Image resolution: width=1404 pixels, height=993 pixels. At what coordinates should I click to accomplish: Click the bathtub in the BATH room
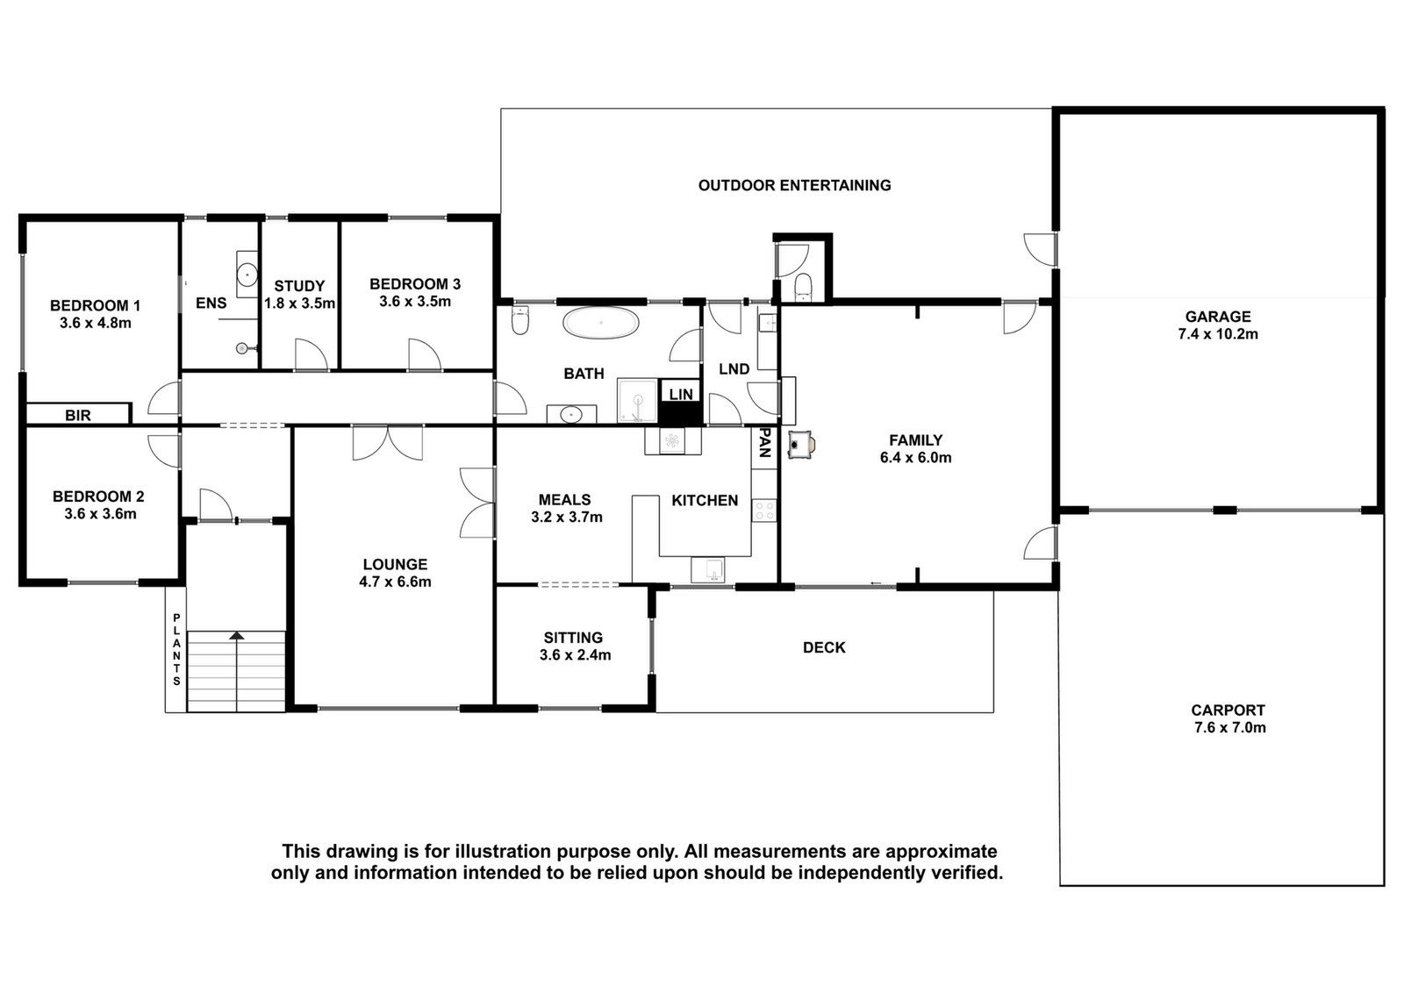[600, 324]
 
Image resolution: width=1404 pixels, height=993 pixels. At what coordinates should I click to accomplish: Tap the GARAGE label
[1217, 317]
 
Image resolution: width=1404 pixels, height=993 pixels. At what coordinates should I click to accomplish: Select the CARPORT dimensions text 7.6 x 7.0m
[1229, 728]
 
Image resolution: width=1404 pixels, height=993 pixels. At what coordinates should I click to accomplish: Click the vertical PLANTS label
[176, 650]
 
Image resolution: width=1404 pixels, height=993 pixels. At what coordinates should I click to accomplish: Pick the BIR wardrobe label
[78, 416]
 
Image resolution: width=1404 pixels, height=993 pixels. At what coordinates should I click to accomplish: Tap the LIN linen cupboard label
[681, 394]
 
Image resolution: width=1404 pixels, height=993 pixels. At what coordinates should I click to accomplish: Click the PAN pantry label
[764, 443]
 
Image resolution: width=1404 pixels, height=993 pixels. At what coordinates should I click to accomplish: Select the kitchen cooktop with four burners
[764, 510]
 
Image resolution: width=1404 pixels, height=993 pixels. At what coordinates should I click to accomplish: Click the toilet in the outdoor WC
[803, 288]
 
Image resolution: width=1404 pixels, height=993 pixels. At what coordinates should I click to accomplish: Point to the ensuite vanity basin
[247, 275]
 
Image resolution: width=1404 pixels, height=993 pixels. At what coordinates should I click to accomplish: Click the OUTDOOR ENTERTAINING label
[794, 185]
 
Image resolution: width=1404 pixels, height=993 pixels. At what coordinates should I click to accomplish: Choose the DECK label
[824, 647]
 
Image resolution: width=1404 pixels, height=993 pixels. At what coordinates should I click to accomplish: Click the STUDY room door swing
[312, 354]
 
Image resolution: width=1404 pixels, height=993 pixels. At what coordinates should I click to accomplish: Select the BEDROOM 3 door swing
[425, 354]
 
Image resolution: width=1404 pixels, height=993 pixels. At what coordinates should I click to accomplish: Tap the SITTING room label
[573, 638]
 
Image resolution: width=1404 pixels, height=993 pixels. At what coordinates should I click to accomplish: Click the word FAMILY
[915, 440]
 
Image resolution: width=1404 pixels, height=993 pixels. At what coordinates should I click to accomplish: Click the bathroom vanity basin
[571, 414]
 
